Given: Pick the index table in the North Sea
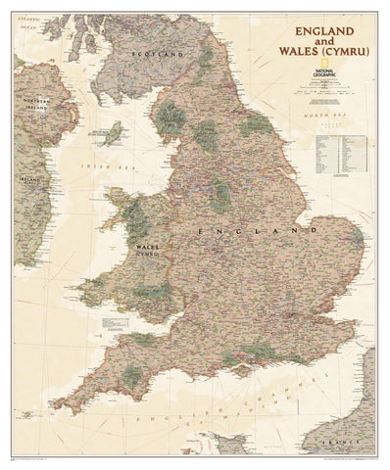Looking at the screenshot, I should point(338,157).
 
